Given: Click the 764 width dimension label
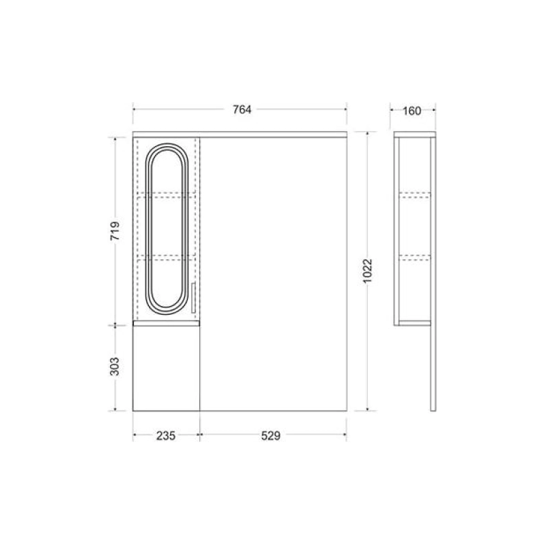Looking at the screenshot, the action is pos(242,109).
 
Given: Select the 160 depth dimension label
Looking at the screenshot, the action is pos(412,111).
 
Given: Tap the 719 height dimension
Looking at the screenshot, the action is pos(115,231).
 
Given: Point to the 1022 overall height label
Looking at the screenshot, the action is pos(367,271).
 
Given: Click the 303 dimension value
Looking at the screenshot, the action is pos(114,367).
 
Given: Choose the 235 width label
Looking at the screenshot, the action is pos(166,436).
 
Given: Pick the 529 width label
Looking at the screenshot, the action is pos(271,436).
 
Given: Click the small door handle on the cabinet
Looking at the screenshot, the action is pos(193,298).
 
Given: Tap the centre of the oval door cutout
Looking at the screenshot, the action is pos(167,229).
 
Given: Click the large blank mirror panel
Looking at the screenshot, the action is pos(273,274).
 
